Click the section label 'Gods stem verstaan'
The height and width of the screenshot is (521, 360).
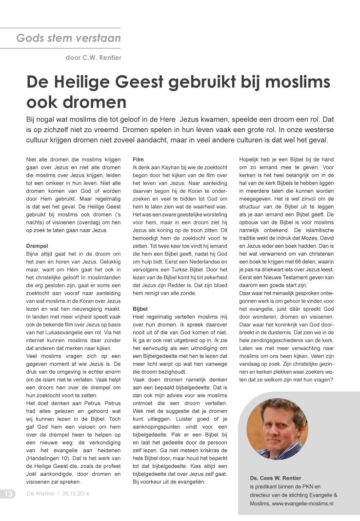[x=68, y=38]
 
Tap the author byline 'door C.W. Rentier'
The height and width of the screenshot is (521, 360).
[x=93, y=58]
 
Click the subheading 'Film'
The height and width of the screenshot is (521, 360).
[x=138, y=159]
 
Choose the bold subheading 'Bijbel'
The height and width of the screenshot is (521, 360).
[x=140, y=309]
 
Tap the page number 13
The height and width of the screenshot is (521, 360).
[x=9, y=493]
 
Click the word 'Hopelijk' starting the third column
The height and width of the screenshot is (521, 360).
[x=250, y=159]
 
